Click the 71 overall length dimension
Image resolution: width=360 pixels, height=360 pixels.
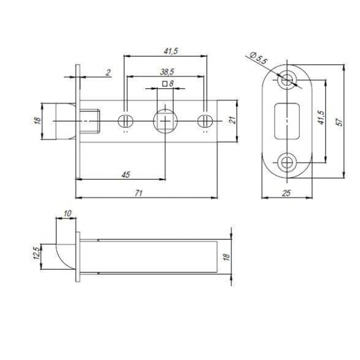coord(139,193)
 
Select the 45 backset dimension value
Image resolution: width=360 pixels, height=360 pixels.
coord(125,175)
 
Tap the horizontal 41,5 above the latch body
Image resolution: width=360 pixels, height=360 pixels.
coord(171,51)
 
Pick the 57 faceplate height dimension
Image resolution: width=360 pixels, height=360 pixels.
coord(339,121)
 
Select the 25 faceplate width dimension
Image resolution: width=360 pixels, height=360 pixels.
coord(286,193)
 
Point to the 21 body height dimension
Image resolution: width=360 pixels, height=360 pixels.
coord(232,120)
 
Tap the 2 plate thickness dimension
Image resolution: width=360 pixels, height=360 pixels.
coord(108,72)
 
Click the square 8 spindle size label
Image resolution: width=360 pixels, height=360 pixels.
coord(168,84)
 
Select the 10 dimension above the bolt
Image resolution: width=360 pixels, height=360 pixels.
coord(67,213)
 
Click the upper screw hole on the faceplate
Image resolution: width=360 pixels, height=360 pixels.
coord(287,80)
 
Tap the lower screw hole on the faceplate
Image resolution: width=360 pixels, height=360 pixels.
coord(287,163)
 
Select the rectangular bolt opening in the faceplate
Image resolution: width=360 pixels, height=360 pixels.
coord(287,121)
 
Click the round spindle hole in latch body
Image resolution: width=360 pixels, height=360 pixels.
coord(165,121)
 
